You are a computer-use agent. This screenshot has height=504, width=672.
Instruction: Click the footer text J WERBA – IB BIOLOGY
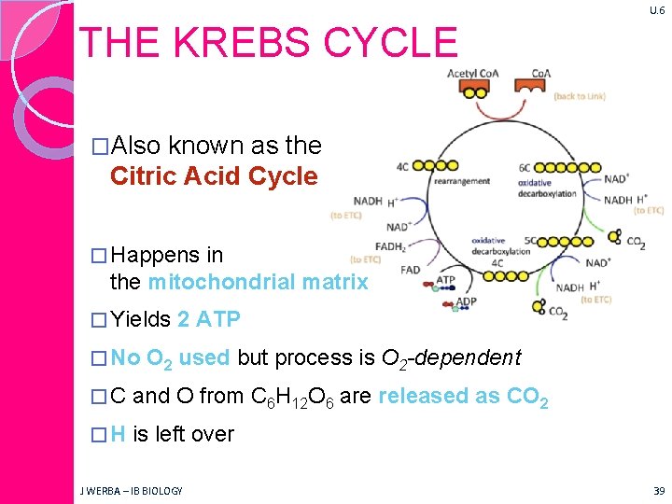coord(131,490)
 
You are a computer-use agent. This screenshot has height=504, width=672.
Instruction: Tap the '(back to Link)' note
coord(580,96)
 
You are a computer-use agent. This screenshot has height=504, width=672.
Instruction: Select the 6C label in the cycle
coord(525,168)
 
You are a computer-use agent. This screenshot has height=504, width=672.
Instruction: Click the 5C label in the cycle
coord(531,240)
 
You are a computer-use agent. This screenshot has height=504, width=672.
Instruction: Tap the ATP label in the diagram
coord(446,279)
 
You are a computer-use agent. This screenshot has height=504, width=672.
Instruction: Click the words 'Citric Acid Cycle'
coord(214,176)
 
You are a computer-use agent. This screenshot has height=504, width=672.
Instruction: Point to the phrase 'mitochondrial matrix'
coord(258,281)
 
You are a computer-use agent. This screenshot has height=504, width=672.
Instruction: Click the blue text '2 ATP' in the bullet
coord(209,320)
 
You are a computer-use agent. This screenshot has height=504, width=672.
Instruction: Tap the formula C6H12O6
coord(293,397)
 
